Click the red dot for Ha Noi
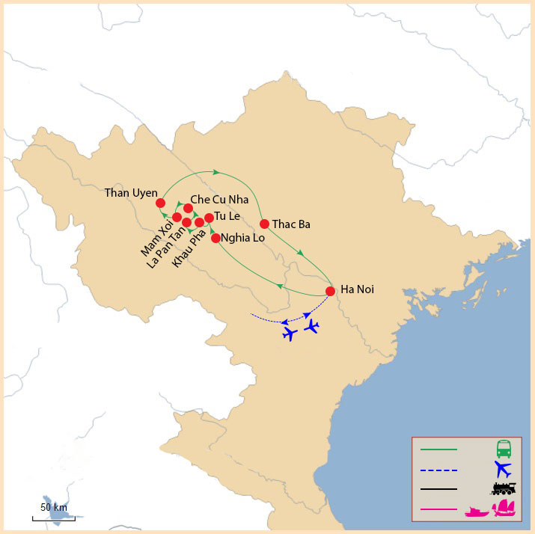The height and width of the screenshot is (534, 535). [330, 291]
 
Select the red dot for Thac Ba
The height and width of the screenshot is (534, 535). [264, 224]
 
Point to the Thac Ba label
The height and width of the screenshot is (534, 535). [291, 224]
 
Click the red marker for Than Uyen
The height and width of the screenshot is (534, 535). [160, 203]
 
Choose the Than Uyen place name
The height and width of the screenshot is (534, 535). [131, 193]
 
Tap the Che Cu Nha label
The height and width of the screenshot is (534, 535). [219, 200]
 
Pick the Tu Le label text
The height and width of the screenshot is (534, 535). [227, 216]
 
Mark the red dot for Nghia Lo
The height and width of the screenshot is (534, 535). [215, 239]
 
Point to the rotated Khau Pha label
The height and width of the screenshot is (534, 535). [188, 251]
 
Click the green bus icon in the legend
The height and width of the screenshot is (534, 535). [504, 449]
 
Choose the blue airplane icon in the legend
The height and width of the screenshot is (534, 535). [503, 470]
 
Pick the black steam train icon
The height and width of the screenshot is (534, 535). [504, 489]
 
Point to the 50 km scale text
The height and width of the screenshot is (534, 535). [54, 508]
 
